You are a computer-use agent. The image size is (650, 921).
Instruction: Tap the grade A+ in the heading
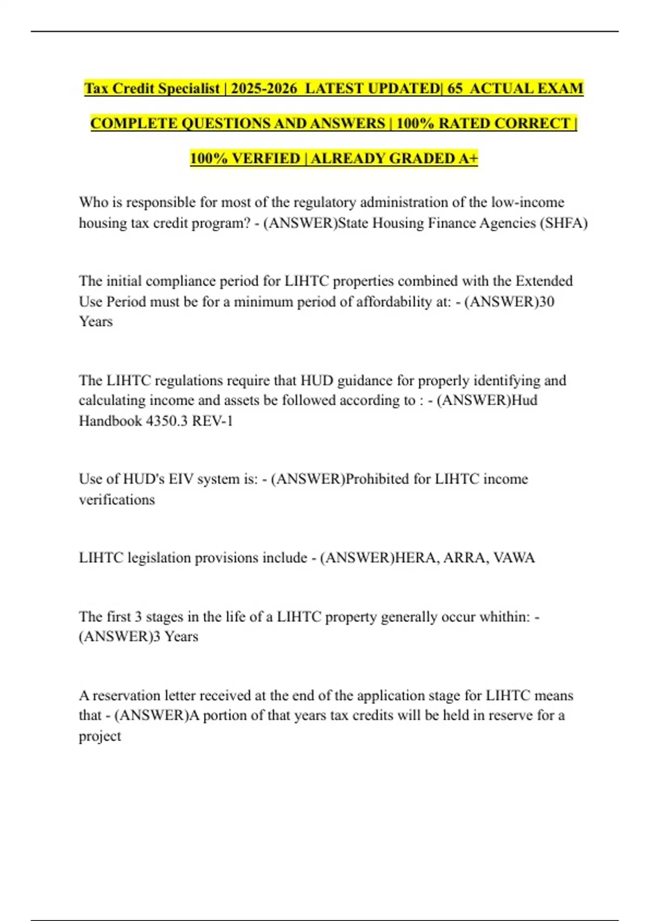point(468,158)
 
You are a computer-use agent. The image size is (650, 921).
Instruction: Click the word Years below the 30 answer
point(96,321)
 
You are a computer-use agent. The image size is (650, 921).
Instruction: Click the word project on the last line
point(100,736)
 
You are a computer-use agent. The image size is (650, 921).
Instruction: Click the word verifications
point(116,499)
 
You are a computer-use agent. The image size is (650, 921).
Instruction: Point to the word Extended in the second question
point(543,281)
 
